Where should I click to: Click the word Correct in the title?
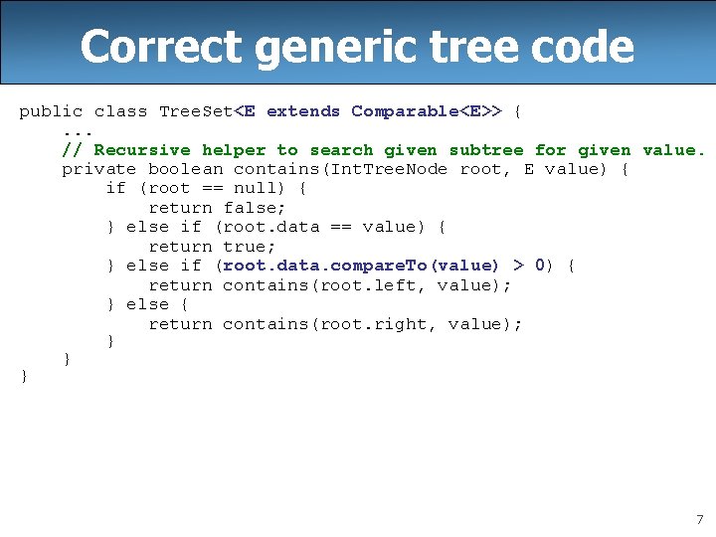tap(160, 47)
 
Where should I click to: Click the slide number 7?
tap(698, 519)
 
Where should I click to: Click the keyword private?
tap(99, 169)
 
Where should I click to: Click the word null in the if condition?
tap(255, 188)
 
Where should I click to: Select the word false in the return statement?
tap(255, 208)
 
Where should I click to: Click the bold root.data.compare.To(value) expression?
tap(361, 266)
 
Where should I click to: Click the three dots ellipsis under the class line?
tap(78, 130)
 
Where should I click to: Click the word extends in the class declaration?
tap(303, 111)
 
